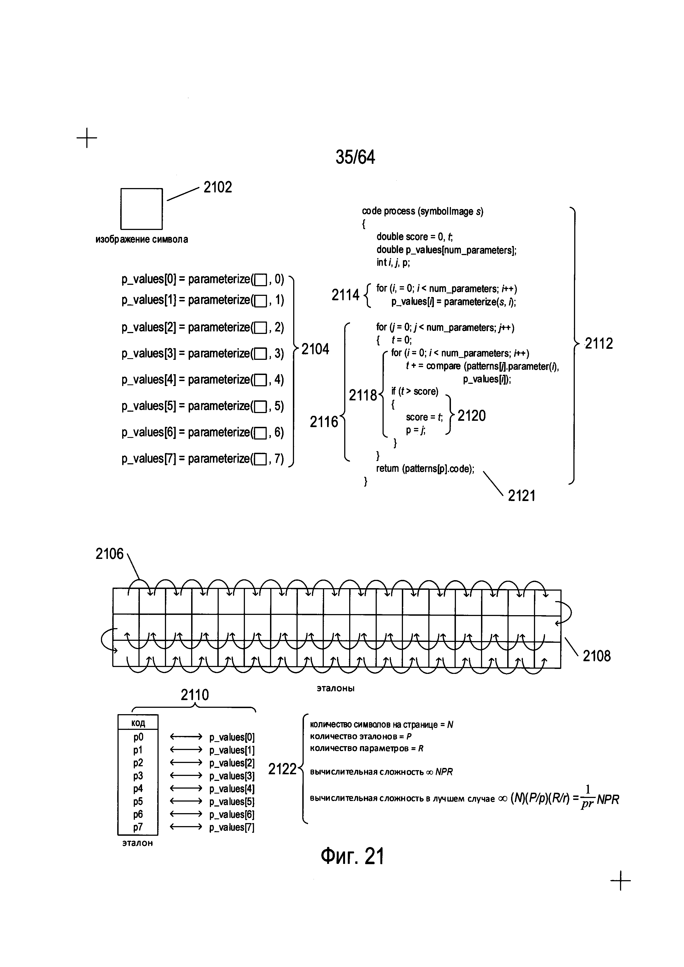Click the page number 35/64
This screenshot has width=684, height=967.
tap(355, 157)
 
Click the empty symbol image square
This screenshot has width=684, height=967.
tap(141, 208)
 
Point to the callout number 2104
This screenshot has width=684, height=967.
tap(315, 349)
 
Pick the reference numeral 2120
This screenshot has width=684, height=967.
tap(471, 416)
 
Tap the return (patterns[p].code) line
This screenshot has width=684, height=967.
tap(425, 468)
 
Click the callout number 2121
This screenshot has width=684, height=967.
tap(522, 496)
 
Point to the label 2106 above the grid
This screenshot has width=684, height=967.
tap(109, 554)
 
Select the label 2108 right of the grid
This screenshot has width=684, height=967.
tap(596, 656)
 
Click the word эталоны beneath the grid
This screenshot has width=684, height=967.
tap(336, 689)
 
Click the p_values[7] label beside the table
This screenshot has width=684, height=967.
tap(232, 827)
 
